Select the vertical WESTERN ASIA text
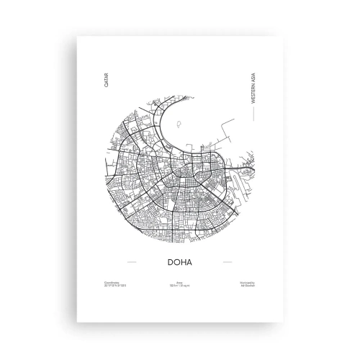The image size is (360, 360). click(x=254, y=85)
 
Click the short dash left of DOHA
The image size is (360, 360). click(x=131, y=260)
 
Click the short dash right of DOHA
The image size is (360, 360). click(x=228, y=260)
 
